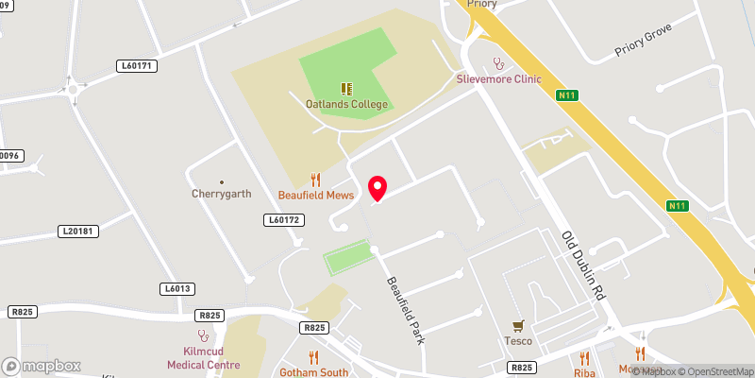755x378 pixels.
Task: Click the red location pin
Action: (x=377, y=187)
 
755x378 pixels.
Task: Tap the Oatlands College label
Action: (x=346, y=104)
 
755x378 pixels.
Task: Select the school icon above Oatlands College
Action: (x=346, y=88)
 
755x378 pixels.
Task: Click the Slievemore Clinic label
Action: (x=499, y=78)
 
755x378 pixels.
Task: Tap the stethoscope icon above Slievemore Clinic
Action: (x=499, y=63)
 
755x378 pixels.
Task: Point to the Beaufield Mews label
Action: (x=316, y=195)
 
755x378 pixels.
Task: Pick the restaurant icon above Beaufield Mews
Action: (x=316, y=179)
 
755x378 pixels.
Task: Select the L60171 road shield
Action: (x=137, y=66)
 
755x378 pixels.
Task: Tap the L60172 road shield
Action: (x=281, y=219)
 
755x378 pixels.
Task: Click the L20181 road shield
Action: (x=77, y=231)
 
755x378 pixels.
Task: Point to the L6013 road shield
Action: (x=176, y=288)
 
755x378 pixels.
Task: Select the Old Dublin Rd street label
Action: (x=581, y=266)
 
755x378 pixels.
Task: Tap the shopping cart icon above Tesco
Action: (x=517, y=325)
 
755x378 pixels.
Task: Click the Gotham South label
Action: (x=314, y=372)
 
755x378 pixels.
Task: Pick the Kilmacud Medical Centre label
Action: (x=203, y=357)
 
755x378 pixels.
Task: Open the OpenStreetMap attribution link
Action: (x=713, y=371)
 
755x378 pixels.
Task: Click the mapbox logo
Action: (x=42, y=366)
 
